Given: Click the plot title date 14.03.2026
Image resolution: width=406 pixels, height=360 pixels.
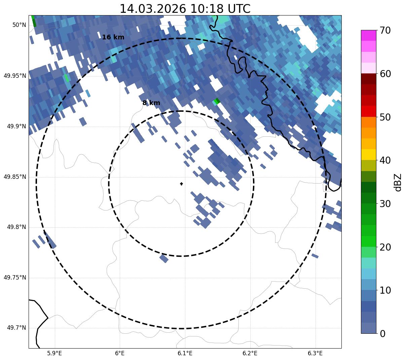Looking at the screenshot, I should point(153,9).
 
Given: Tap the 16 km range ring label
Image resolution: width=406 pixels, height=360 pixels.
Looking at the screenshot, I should point(113,37).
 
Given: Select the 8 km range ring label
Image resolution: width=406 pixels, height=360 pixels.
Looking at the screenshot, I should point(151,103).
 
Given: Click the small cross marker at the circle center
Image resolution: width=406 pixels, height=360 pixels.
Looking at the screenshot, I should point(181,184).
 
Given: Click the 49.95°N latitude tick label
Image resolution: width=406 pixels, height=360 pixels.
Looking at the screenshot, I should point(15,76).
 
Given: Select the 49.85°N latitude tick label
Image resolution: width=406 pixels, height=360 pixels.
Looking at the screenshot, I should point(15,177).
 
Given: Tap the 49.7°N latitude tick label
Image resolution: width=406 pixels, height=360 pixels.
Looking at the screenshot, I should point(16,328).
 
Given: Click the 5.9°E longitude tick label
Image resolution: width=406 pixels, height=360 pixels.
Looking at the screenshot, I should point(54,353).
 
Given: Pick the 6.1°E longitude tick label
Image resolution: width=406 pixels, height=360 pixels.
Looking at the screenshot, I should point(185,353).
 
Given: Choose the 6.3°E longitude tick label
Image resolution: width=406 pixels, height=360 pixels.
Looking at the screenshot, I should point(315,353).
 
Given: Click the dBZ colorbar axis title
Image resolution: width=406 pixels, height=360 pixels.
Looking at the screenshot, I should point(398,182).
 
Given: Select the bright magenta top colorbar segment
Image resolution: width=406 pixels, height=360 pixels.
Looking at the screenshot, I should point(368,35).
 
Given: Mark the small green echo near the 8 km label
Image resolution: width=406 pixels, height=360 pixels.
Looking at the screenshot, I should point(217,101).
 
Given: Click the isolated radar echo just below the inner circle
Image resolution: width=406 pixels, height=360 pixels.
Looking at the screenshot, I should point(164,258).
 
